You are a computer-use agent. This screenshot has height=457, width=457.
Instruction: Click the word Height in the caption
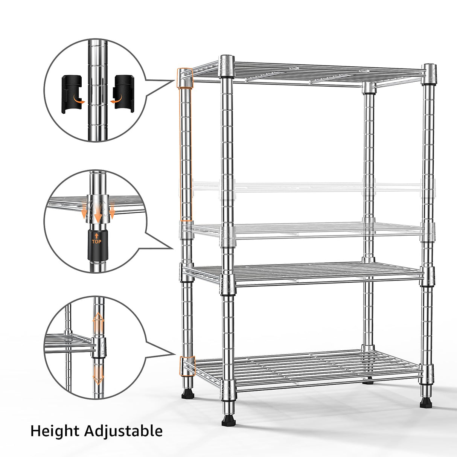(55, 431)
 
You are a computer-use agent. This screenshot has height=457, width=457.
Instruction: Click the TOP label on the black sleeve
(96, 241)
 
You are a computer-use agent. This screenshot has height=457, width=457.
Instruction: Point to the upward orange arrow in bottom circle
(98, 323)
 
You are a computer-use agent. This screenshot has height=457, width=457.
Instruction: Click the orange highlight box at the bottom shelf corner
(187, 366)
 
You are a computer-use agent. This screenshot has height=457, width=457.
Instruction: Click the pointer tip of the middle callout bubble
(173, 248)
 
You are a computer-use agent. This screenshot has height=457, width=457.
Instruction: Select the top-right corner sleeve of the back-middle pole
(369, 87)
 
